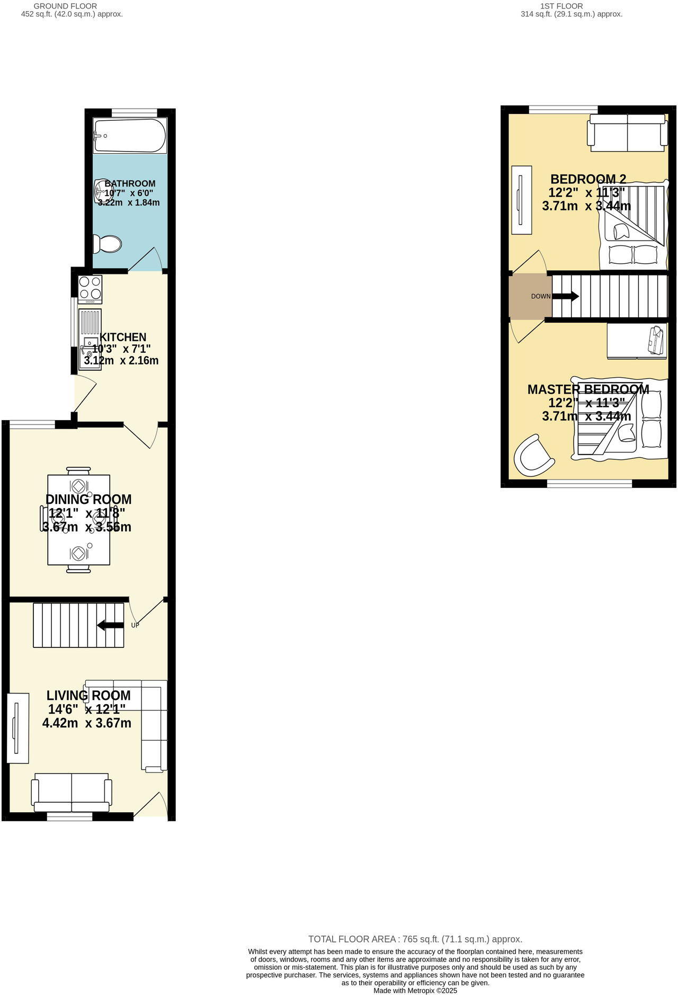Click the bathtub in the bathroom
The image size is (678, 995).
click(x=130, y=135)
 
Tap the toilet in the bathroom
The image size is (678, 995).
click(x=108, y=244)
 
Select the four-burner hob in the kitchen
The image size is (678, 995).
click(x=90, y=289)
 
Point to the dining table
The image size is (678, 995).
click(x=78, y=520)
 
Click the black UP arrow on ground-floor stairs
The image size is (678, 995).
click(x=111, y=625)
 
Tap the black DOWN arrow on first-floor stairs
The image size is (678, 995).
click(x=566, y=296)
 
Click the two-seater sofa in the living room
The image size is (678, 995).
click(x=72, y=792)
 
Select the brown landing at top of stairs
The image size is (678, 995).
click(x=527, y=296)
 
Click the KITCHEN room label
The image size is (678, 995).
click(x=123, y=337)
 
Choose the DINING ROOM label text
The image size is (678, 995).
click(x=88, y=499)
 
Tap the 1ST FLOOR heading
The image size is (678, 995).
click(x=561, y=6)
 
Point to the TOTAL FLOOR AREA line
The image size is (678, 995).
click(x=415, y=939)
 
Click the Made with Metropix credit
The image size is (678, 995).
click(x=415, y=990)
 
